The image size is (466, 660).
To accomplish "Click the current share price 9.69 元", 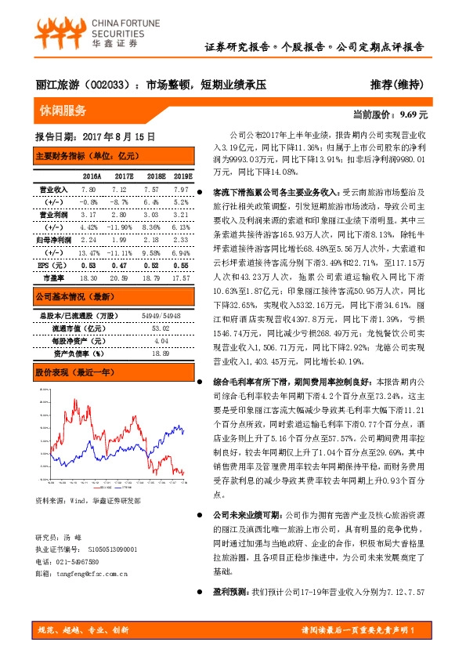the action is click(414, 114).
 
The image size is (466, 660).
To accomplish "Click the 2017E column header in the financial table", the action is click(123, 177).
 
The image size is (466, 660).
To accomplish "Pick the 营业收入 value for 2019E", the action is click(181, 190).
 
